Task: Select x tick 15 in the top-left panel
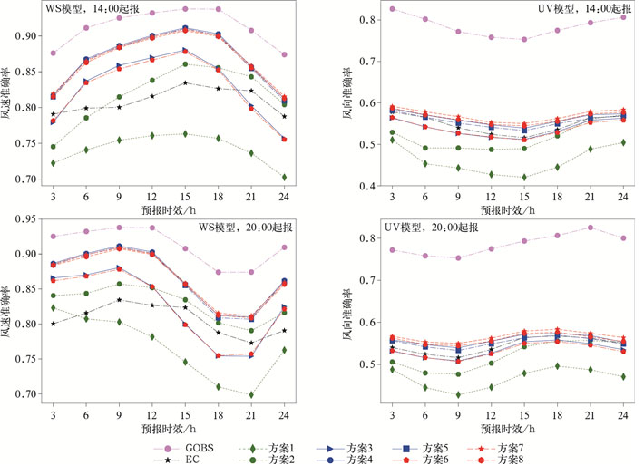[185, 197]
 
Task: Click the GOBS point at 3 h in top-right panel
[392, 9]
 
